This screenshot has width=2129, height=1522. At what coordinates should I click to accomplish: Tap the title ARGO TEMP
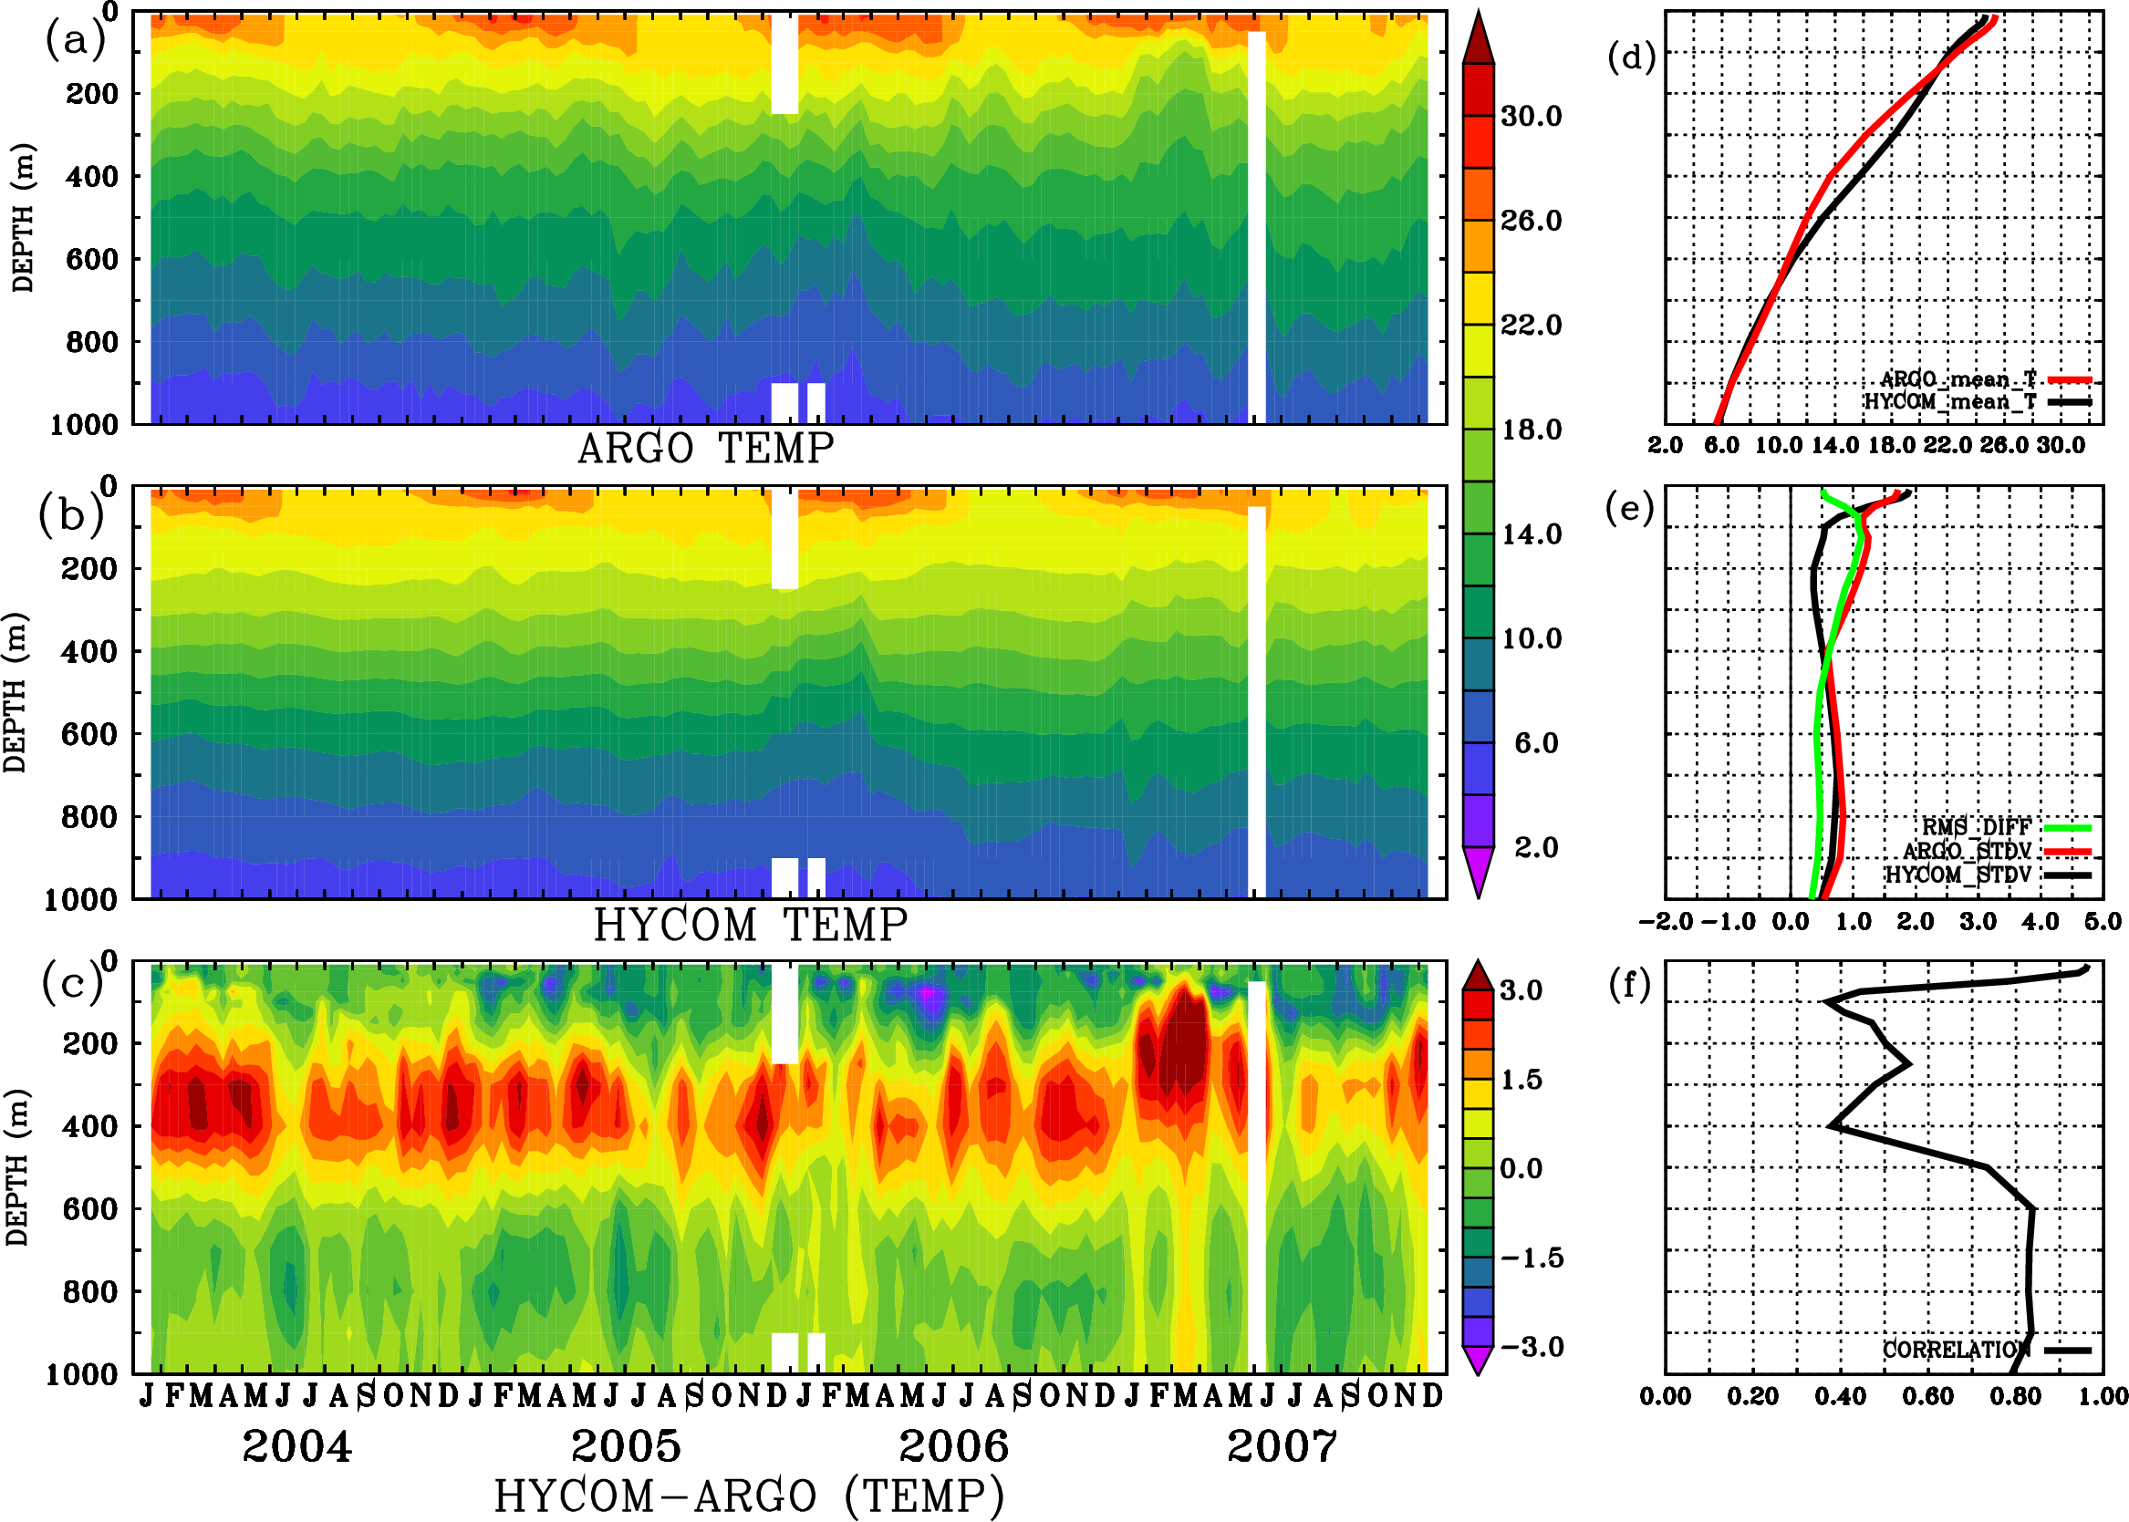click(705, 449)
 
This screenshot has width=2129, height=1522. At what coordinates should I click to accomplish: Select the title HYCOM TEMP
click(751, 925)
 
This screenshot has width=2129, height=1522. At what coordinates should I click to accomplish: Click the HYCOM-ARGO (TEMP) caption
click(749, 1496)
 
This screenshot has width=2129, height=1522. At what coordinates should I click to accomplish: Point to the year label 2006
click(953, 1446)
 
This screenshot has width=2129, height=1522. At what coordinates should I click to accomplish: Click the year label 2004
click(297, 1446)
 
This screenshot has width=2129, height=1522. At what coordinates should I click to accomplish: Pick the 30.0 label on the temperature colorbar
click(1531, 116)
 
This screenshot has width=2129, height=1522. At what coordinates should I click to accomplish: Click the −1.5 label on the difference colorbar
click(1531, 1258)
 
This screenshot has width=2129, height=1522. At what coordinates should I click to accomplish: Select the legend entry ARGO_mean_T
click(1958, 379)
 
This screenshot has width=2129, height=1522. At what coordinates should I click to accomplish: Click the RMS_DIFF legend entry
click(1976, 826)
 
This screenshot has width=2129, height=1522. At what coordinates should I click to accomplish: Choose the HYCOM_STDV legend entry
click(1958, 875)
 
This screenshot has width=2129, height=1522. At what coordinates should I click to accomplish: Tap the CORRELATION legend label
click(1957, 1350)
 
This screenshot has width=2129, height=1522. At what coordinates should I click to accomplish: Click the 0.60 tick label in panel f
click(1927, 1396)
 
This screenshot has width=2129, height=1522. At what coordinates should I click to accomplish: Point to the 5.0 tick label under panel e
click(2103, 921)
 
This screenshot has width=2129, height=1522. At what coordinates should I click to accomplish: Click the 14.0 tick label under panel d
click(1833, 445)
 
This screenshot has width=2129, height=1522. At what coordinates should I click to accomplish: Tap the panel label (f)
click(1629, 985)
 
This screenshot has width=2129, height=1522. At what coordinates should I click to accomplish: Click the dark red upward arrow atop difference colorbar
click(1479, 976)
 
